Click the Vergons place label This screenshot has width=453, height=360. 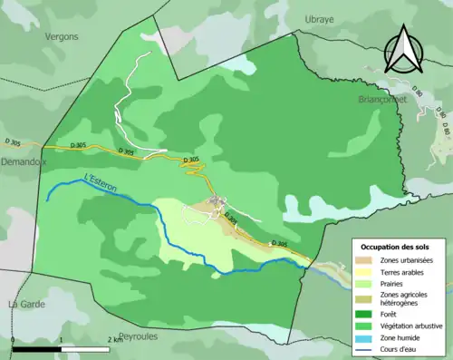coord(60,36)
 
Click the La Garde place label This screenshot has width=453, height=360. coord(26,302)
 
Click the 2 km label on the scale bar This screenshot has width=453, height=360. coord(115,339)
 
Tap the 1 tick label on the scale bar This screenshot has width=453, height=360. coord(60,339)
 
